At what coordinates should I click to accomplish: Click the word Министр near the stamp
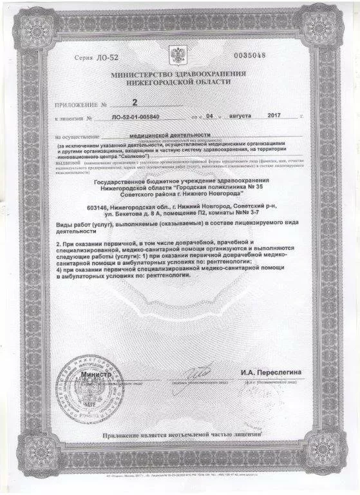96,374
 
